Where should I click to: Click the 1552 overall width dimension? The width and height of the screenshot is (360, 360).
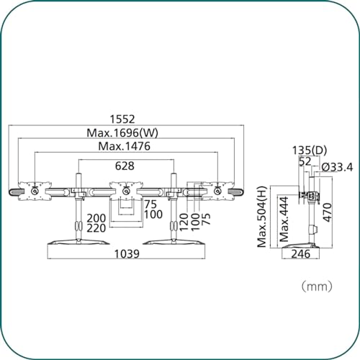(x=122, y=120)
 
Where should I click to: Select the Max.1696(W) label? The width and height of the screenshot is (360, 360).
(x=122, y=132)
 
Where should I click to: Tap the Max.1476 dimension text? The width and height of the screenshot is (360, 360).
(x=125, y=146)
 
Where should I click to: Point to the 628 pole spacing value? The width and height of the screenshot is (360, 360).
(x=125, y=166)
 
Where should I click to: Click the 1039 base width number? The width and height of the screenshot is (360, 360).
(x=127, y=253)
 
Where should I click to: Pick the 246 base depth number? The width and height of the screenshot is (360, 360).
(x=301, y=253)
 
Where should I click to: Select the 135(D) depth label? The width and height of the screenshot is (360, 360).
(x=310, y=150)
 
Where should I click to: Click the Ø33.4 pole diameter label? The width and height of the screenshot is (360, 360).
(x=337, y=167)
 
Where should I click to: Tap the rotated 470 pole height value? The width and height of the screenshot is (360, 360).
(x=328, y=212)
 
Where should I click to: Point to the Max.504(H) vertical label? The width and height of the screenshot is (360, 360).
(x=262, y=217)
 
